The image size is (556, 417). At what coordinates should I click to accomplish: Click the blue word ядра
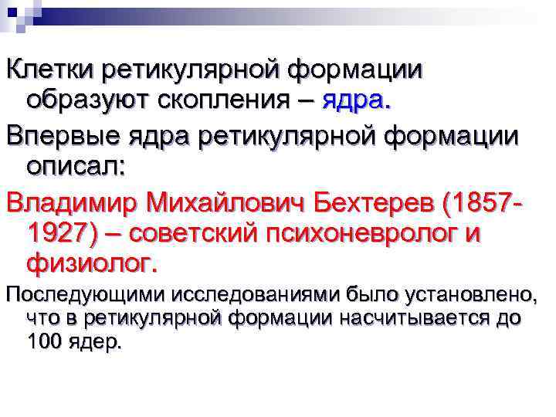coord(355,100)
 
